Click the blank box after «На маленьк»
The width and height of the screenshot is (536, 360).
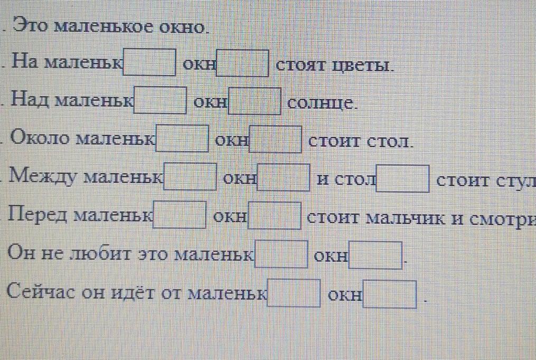point(149,62)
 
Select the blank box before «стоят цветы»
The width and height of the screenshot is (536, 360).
point(243,63)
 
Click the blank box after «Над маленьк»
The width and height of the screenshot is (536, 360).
point(161,100)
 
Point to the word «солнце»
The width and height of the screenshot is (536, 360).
point(322,103)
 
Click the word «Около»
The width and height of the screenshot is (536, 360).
point(42,138)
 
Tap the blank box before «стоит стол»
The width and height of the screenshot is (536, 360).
point(276,139)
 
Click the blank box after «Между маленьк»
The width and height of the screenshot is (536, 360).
point(191,176)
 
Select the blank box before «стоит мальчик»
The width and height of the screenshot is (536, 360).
point(275,215)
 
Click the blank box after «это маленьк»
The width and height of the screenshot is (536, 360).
point(281,254)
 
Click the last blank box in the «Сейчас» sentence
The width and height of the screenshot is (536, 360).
point(392,293)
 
